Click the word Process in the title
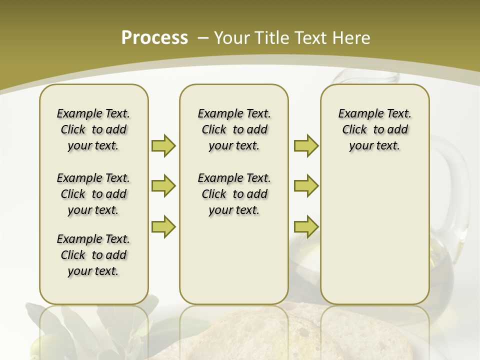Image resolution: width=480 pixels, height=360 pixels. point(154,37)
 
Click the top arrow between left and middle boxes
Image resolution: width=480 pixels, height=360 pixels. point(163,145)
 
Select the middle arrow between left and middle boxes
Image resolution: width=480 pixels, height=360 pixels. point(163,186)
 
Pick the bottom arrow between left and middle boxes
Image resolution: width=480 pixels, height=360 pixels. point(163,226)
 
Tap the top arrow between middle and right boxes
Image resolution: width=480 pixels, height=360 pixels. point(306,145)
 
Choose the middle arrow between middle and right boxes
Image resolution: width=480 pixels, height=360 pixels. point(306,186)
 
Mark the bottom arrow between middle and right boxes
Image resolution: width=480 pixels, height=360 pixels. point(306,226)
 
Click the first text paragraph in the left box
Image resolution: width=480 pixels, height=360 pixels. point(93,129)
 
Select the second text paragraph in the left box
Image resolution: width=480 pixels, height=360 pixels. point(93,194)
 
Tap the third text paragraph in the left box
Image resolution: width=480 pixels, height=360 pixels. point(93,255)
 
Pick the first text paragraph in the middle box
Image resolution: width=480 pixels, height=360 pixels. point(234,129)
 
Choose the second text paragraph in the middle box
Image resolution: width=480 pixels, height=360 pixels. point(234,194)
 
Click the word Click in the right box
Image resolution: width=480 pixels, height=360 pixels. point(354,129)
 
